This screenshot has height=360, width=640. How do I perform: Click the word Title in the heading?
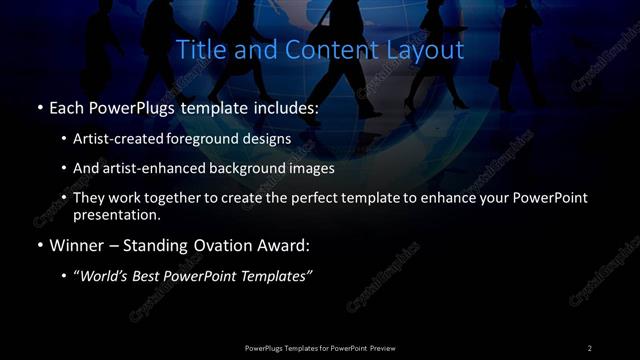tap(198, 49)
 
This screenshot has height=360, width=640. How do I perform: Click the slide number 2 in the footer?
tap(589, 347)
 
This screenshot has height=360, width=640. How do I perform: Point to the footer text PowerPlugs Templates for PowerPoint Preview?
tap(320, 347)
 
